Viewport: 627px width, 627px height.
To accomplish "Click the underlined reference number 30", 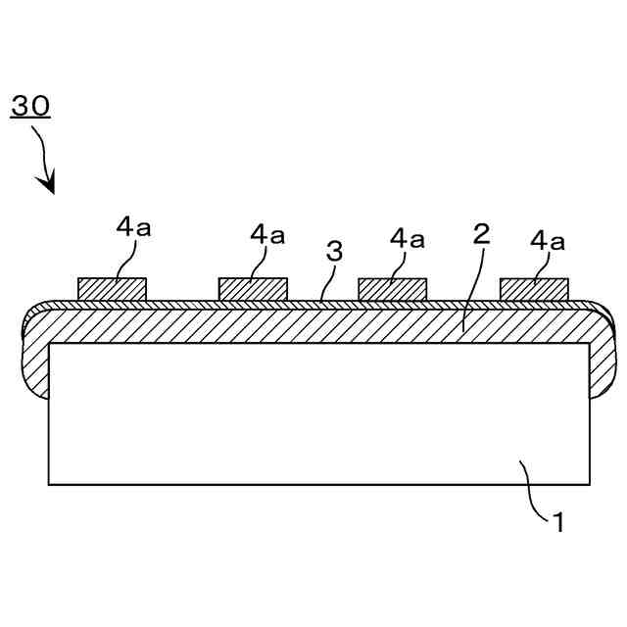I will pos(30,106).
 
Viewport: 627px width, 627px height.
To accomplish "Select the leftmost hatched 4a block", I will pos(113,288).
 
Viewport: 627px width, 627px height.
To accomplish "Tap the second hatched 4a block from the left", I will pos(253,288).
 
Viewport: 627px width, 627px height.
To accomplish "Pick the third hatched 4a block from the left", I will pos(393,288).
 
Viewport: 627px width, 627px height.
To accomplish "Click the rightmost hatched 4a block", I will pos(534,288).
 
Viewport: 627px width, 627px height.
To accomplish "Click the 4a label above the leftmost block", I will pos(133,227).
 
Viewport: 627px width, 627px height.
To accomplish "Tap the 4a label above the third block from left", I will pos(408,237).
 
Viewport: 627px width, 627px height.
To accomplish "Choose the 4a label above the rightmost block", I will pos(548,238).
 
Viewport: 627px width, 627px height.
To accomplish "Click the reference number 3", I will pos(334,251).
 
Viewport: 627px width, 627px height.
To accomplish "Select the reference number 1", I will pos(557,522).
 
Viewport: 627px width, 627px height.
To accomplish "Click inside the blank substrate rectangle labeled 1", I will pos(294,411).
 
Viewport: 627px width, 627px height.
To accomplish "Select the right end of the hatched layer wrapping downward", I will pos(602,362).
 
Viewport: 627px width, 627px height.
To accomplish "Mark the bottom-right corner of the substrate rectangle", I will pos(590,484).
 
